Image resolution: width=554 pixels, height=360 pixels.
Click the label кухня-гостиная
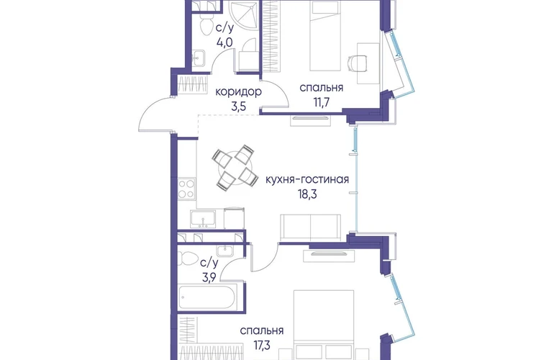click(307, 179)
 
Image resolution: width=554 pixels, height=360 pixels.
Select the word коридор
click(238, 91)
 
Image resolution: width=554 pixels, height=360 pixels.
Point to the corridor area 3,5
click(238, 107)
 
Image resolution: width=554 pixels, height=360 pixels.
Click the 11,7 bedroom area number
click(321, 102)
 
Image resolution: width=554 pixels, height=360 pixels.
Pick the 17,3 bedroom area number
click(261, 345)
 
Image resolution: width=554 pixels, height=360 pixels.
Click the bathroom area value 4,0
click(224, 42)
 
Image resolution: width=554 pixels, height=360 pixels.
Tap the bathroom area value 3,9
click(209, 278)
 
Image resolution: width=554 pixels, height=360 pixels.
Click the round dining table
click(233, 166)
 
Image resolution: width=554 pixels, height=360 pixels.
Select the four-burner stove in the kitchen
click(186, 189)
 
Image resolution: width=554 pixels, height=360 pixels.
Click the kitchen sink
click(203, 219)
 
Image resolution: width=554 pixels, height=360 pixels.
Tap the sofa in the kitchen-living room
click(311, 228)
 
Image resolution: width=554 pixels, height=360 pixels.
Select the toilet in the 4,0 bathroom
click(204, 24)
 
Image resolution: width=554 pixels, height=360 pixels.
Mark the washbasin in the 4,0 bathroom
click(199, 58)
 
